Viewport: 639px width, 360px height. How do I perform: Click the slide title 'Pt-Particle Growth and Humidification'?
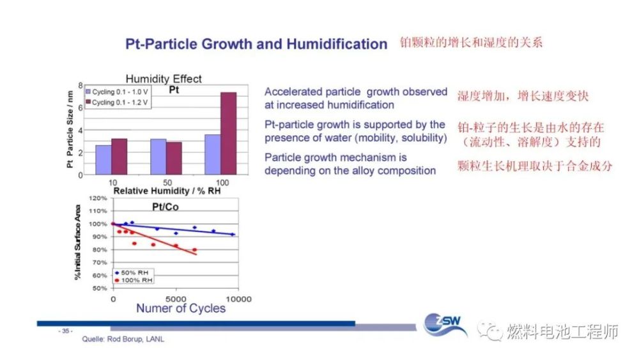coord(256,44)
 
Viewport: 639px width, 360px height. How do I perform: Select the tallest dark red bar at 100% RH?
coord(228,133)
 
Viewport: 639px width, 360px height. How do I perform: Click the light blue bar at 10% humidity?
coord(103,159)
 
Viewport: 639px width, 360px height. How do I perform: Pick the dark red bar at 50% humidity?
coord(174,158)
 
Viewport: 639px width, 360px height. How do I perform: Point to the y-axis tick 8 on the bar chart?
coord(81,85)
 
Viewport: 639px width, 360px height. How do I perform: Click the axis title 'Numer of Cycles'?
coord(181,308)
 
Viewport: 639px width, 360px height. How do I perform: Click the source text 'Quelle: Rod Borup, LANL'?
coord(123,339)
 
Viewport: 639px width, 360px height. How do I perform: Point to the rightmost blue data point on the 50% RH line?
coord(232,235)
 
